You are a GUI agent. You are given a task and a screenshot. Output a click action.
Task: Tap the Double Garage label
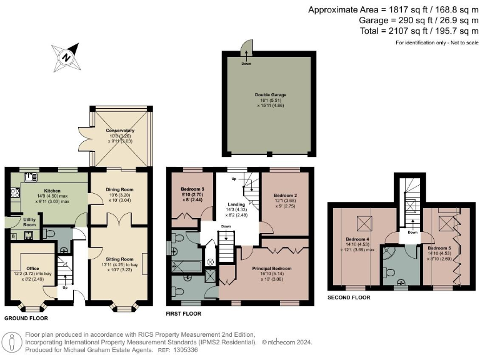[269, 95]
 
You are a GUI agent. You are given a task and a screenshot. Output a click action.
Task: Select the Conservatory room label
[120, 131]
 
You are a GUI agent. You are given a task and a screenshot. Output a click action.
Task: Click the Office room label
[32, 268]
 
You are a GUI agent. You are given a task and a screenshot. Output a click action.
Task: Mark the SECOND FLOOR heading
[349, 297]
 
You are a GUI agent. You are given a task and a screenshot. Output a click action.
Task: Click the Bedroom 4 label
[358, 239]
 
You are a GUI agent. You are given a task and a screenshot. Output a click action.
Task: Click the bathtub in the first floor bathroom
[187, 266]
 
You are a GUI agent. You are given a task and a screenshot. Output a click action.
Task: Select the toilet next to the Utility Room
[49, 234]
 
